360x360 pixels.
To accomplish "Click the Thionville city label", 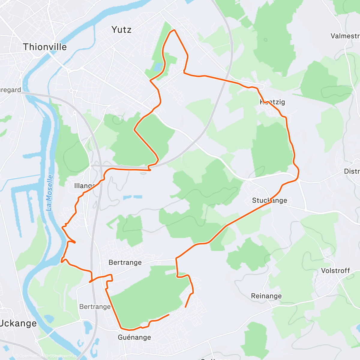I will point(45,47).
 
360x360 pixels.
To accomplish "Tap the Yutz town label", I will point(121,30).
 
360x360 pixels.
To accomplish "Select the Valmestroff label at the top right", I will point(345,36).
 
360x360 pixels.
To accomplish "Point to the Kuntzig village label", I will point(272,102).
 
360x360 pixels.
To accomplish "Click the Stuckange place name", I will point(269,200).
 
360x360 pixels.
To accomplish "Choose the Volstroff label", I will point(335,271).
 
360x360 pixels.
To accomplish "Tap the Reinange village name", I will point(266,296).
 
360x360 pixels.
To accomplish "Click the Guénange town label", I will point(134,337).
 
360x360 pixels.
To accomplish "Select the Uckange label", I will point(19,323).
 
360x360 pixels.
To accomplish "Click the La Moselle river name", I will point(50,193).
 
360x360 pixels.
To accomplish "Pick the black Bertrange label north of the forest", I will point(125,262).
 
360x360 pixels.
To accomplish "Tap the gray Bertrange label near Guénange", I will point(95,307).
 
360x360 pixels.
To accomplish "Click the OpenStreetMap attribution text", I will point(63,356).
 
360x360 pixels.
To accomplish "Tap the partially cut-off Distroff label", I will point(352,171).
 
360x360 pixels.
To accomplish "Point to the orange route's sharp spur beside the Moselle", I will point(74,242).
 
